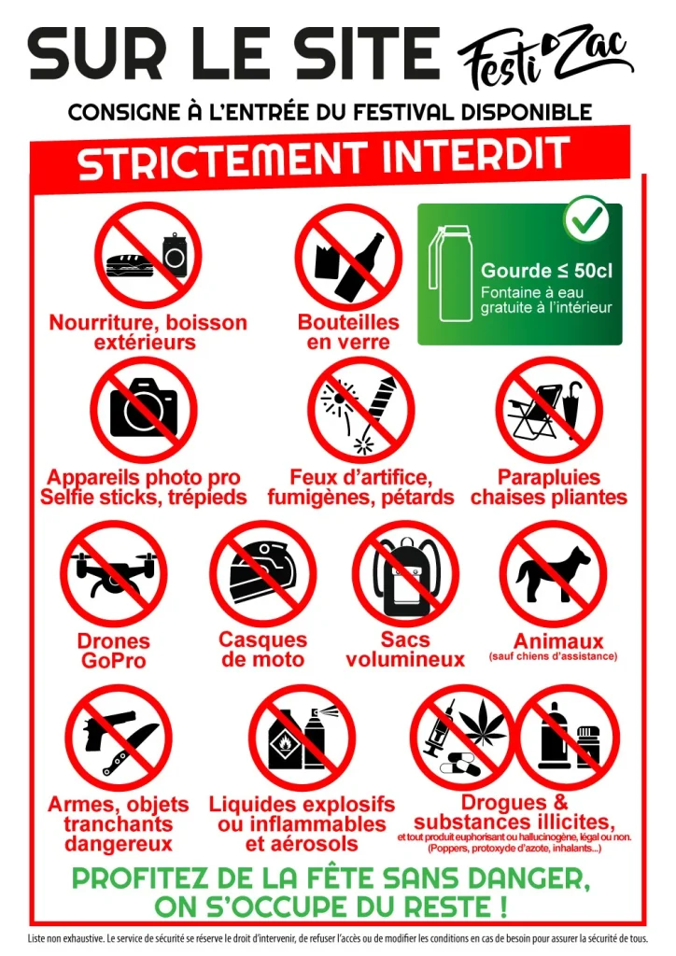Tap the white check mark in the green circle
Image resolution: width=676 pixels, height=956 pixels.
coord(586,218)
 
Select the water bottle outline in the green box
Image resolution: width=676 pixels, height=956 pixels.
coord(451,274)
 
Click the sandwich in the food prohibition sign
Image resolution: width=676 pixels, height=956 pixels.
coord(129,267)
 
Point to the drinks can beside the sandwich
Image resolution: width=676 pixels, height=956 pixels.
coord(175,256)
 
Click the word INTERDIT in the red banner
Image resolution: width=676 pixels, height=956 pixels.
coord(476,156)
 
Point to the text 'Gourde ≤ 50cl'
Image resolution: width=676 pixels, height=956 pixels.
coord(547,271)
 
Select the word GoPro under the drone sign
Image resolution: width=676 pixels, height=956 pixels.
coord(114,661)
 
